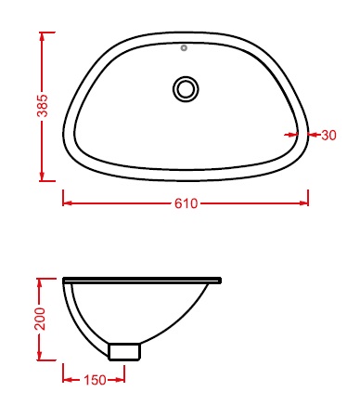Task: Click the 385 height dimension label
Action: (43, 106)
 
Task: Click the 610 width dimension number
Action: (186, 203)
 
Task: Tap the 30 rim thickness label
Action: (328, 135)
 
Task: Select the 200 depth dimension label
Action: (40, 319)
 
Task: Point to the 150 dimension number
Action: (95, 380)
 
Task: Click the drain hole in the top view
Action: (186, 89)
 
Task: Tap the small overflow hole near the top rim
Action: (184, 48)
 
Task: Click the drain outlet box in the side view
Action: (124, 352)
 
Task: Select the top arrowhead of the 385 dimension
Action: (43, 36)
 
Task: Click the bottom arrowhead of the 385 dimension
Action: (43, 176)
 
